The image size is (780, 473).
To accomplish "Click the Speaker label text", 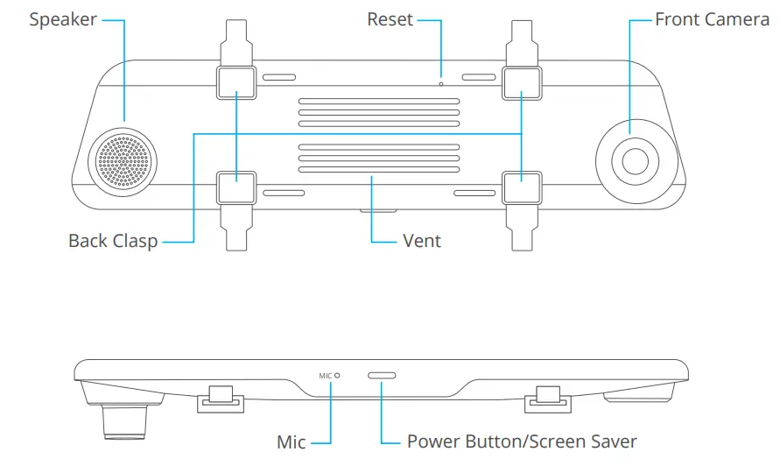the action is point(63,20).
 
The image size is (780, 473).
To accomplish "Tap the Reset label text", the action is point(390,19).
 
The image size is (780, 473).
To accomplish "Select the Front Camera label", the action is point(712,19).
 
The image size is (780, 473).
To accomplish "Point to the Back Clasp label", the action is point(113,241).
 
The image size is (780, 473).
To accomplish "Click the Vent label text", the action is point(422,241).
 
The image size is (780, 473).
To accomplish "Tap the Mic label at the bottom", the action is point(291,442).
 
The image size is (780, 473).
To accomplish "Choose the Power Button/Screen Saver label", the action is point(522,441).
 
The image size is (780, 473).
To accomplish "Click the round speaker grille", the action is point(123,162).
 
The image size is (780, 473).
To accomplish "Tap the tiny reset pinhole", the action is point(440,84).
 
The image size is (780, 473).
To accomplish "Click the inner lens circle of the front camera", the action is point(636,161).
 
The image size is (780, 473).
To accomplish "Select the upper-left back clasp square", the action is point(236,82).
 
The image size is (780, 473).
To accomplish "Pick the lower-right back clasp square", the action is point(522,187).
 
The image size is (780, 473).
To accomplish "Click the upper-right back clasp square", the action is point(522,82).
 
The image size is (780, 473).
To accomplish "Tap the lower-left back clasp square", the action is point(236,187).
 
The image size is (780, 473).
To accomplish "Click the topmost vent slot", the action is point(379,102).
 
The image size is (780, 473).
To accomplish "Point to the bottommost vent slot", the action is point(379,170).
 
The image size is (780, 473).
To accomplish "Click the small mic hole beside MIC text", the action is point(337,376).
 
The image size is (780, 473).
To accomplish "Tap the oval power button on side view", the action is point(382,376).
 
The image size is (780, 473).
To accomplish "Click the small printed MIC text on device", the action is point(326,376).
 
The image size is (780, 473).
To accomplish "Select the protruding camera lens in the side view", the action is point(125,421).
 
